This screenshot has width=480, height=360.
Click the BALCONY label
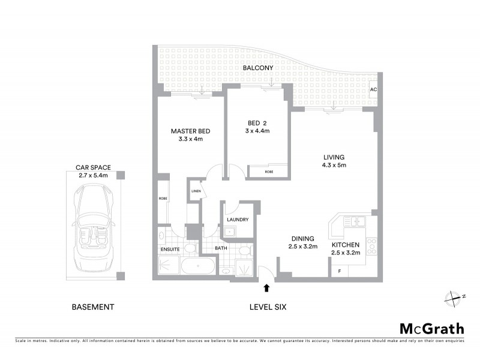[258, 68]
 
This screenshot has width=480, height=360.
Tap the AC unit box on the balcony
[373, 89]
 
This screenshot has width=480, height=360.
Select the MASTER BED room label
[190, 131]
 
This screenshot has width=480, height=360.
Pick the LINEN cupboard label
[195, 191]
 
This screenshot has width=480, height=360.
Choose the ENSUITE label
[170, 248]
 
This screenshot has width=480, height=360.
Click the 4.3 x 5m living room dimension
[334, 165]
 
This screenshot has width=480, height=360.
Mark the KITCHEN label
[346, 245]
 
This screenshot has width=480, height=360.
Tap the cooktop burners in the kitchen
[371, 245]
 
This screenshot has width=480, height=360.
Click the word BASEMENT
[93, 307]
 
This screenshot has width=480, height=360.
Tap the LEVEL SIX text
[268, 307]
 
